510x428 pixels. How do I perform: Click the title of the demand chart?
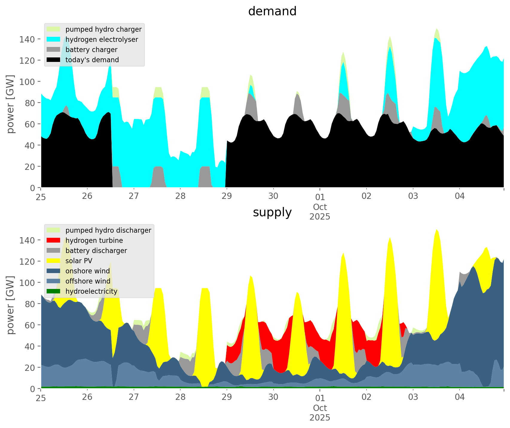pyautogui.click(x=272, y=11)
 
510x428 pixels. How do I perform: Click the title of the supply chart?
pyautogui.click(x=272, y=212)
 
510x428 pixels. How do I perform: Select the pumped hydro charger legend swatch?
pyautogui.click(x=54, y=29)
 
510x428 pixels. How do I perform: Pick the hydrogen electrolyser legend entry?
pyautogui.click(x=102, y=39)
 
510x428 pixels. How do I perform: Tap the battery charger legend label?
pyautogui.click(x=91, y=50)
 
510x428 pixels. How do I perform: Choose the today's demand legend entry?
pyautogui.click(x=92, y=60)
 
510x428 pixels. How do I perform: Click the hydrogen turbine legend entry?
pyautogui.click(x=94, y=240)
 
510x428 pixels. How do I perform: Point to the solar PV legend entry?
pyautogui.click(x=79, y=261)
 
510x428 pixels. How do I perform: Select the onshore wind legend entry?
pyautogui.click(x=88, y=271)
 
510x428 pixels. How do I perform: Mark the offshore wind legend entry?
pyautogui.click(x=88, y=281)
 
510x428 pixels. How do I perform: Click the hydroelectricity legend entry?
pyautogui.click(x=91, y=291)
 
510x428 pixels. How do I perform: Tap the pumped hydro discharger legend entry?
pyautogui.click(x=108, y=230)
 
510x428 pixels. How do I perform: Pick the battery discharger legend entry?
pyautogui.click(x=96, y=251)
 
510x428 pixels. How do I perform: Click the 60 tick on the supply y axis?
pyautogui.click(x=30, y=325)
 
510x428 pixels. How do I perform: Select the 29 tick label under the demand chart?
pyautogui.click(x=227, y=196)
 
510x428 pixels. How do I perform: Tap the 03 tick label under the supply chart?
pyautogui.click(x=413, y=397)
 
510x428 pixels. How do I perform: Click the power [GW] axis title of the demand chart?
pyautogui.click(x=11, y=104)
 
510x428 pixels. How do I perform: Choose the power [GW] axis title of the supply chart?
pyautogui.click(x=11, y=305)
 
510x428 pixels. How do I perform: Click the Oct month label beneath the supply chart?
pyautogui.click(x=320, y=408)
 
